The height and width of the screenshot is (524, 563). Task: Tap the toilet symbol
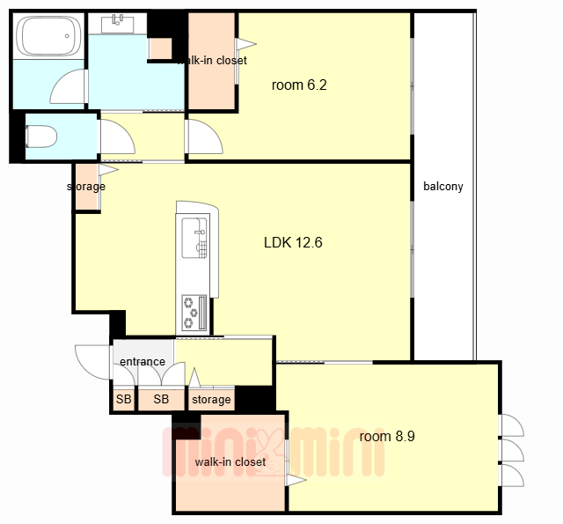(x=41, y=137)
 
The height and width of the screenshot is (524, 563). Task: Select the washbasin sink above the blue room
(x=117, y=24)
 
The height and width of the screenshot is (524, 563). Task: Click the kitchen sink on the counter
(x=194, y=238)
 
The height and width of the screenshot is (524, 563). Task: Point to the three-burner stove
(x=194, y=313)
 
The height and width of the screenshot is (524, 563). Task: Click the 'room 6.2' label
(x=299, y=85)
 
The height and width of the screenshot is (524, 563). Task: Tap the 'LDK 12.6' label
(x=293, y=242)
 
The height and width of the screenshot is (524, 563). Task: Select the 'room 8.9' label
(x=387, y=436)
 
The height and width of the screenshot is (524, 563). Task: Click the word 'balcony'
(x=443, y=187)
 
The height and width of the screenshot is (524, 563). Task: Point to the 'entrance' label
(x=143, y=361)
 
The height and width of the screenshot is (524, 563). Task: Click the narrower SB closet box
(x=123, y=399)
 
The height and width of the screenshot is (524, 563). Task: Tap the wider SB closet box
(x=161, y=399)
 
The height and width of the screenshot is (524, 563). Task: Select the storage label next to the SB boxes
(x=211, y=400)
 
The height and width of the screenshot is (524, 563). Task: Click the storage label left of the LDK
(x=86, y=187)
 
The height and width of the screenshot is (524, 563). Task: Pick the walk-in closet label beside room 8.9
(x=230, y=461)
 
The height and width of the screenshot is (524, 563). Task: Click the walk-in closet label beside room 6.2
(x=212, y=61)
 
